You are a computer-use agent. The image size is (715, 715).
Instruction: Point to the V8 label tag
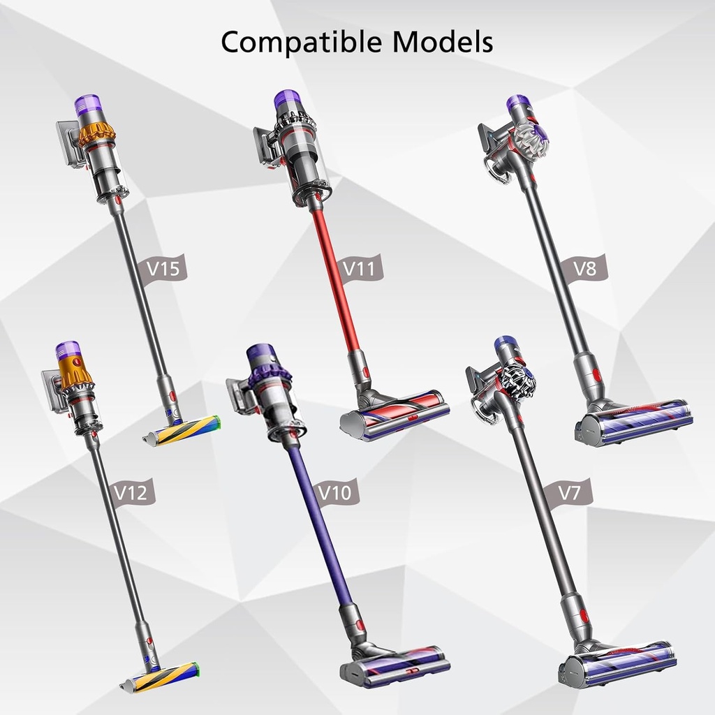[x=586, y=268]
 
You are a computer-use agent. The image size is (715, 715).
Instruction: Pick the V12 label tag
[x=132, y=493]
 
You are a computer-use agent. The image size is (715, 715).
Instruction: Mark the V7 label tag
[x=571, y=492]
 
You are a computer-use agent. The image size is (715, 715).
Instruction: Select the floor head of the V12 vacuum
[x=161, y=676]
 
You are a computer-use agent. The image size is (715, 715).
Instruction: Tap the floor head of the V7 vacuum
[x=618, y=664]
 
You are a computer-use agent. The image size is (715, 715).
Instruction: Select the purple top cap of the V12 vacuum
[x=68, y=348]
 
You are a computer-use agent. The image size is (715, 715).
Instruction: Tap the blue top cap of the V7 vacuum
[x=503, y=344]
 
